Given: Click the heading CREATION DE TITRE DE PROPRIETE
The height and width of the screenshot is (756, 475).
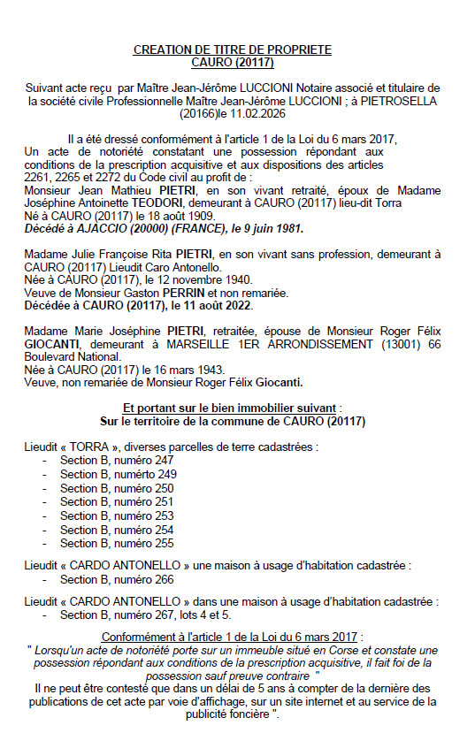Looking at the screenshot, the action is click(x=232, y=50).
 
